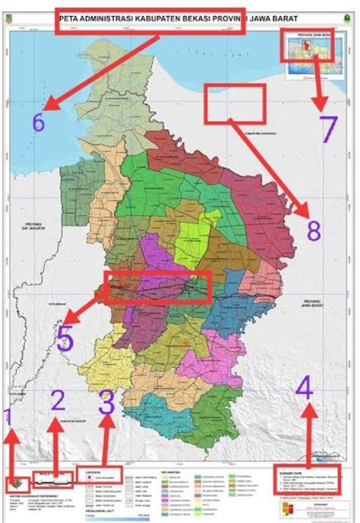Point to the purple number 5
point(65,340)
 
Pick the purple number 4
point(304,391)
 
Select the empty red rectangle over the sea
point(235,103)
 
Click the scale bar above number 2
point(52,477)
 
